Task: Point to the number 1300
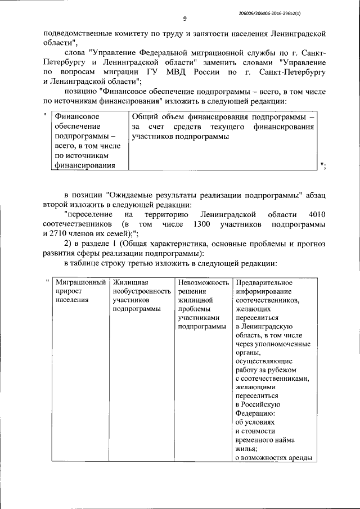pos(202,224)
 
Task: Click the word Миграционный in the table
pos(79,282)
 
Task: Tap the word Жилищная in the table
pos(130,282)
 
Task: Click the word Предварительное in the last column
pos(264,282)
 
